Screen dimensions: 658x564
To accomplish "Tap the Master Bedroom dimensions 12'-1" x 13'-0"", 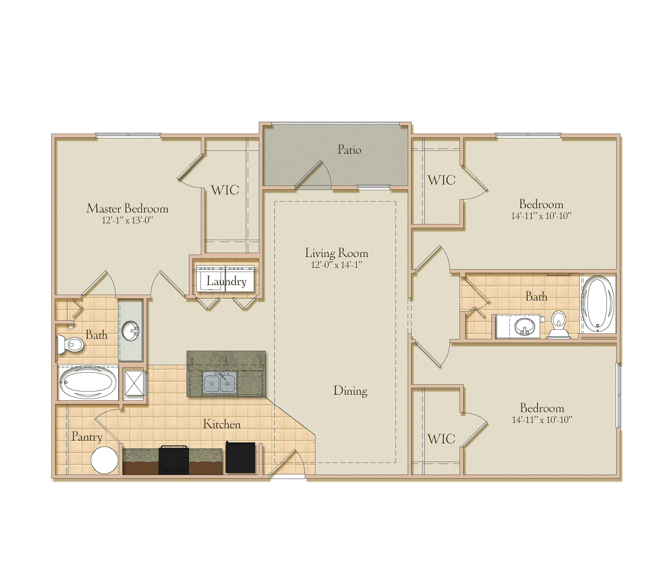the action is [x=127, y=220].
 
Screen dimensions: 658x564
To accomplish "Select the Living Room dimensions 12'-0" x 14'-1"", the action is [x=336, y=264].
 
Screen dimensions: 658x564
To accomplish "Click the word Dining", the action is [x=350, y=391].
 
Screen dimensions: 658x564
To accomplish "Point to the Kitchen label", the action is [x=222, y=424].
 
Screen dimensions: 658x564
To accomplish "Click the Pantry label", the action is [x=87, y=437].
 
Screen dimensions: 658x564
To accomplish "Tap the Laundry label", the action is [x=226, y=281].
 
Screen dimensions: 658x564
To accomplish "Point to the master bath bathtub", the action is [x=88, y=383].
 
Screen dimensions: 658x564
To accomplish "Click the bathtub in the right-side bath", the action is [x=598, y=304].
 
